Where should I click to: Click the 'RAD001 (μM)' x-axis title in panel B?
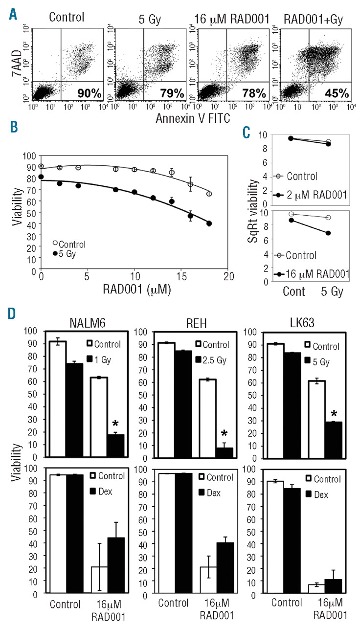coord(137,282)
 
